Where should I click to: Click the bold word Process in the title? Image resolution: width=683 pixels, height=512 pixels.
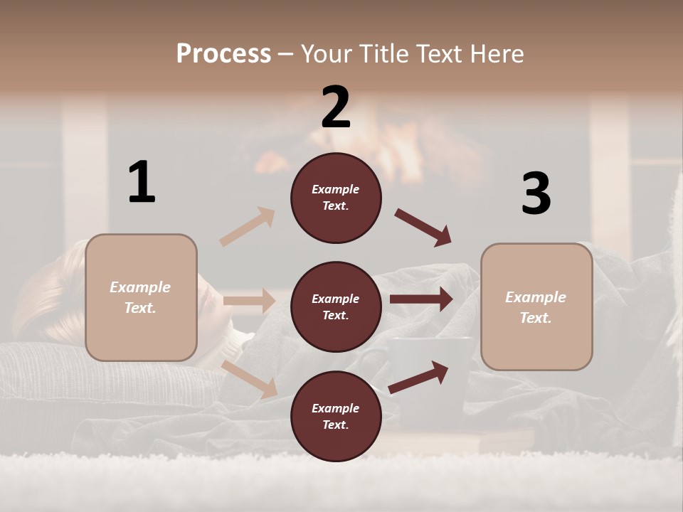click(223, 54)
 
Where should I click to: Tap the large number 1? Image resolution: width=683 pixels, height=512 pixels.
click(142, 182)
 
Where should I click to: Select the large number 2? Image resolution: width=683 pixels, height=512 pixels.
click(336, 107)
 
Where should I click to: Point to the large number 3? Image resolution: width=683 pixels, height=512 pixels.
click(536, 193)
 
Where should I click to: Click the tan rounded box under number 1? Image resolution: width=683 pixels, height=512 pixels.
click(141, 297)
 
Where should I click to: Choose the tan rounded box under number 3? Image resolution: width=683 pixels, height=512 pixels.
click(536, 306)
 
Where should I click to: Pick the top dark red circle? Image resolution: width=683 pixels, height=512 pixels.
click(336, 198)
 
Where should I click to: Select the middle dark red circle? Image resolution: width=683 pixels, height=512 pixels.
click(336, 306)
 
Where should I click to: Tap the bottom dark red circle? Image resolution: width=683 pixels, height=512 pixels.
click(336, 416)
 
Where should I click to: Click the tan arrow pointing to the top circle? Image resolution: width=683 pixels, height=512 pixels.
click(248, 227)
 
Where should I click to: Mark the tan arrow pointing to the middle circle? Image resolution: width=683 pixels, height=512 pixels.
click(249, 301)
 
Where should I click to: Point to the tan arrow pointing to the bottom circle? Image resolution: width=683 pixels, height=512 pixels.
click(250, 379)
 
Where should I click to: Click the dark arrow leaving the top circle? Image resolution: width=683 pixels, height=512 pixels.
click(423, 228)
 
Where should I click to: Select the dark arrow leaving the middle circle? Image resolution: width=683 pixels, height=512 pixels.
click(421, 299)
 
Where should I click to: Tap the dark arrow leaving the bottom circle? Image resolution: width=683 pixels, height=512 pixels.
click(419, 377)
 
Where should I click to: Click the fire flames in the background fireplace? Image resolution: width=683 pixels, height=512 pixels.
click(398, 142)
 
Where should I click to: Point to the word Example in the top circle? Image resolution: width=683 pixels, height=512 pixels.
click(335, 189)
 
